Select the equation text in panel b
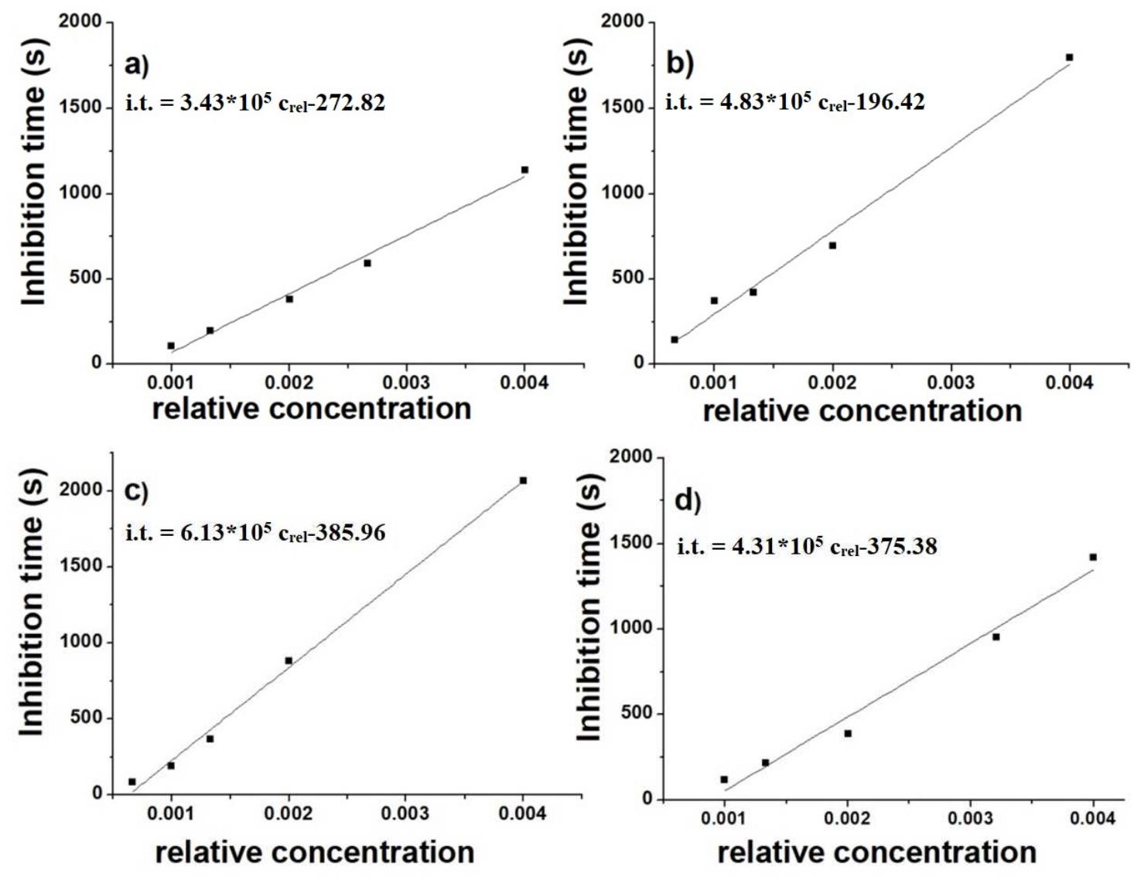coord(795,101)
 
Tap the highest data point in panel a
coord(524,169)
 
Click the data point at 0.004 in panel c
coord(523,480)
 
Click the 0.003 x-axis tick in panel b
coord(951,383)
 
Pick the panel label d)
coord(687,501)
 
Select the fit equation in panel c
coord(255,533)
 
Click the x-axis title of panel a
coord(311,408)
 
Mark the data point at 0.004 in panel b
coord(1069,57)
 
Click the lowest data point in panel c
coord(132,781)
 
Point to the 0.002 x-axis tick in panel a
coord(289,383)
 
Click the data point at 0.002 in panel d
coord(848,733)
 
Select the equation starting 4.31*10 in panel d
coord(807,547)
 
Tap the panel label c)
coord(135,492)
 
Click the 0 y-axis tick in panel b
coord(637,363)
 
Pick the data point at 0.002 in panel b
coord(832,245)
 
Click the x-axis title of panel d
coord(876,852)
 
